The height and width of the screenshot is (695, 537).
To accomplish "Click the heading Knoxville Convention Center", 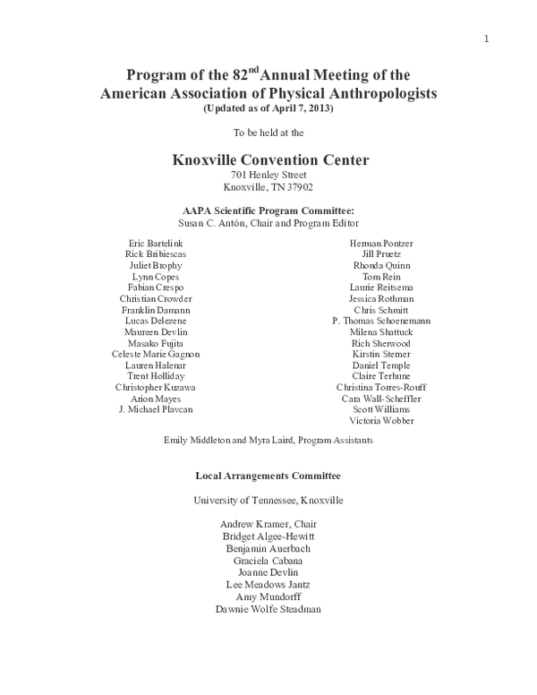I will tap(268, 160).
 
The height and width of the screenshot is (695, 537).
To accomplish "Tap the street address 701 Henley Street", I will tap(268, 175).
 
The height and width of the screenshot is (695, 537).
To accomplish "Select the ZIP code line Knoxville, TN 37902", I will tap(268, 187).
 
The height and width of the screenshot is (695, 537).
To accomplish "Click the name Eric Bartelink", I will tap(155, 243).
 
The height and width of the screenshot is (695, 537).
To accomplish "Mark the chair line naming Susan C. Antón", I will tap(268, 222).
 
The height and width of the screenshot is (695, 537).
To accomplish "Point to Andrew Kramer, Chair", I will tap(268, 524).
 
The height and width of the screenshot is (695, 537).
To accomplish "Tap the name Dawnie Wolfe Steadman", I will tap(268, 610).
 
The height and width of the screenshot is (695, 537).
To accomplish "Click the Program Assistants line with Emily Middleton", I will tap(268, 441).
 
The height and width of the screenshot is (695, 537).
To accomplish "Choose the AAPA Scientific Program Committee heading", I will tap(268, 210).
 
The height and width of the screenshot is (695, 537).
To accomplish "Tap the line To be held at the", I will tap(268, 133).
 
